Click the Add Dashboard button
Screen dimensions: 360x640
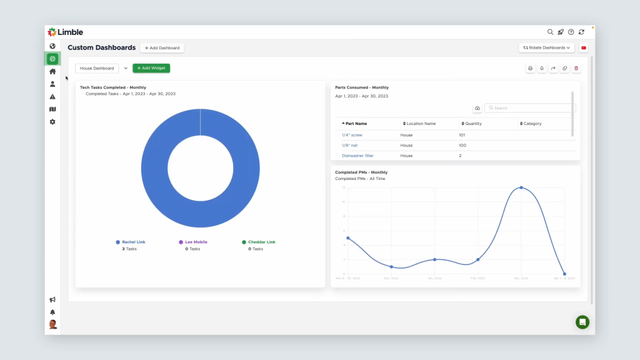click(162, 48)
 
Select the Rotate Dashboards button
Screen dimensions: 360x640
click(547, 47)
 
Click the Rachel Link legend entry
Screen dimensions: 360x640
click(132, 242)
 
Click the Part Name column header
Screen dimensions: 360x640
click(356, 124)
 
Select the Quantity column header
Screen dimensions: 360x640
click(472, 124)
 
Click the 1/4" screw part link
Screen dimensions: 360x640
click(352, 135)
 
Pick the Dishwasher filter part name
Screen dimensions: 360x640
click(357, 156)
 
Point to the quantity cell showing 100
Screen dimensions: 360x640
click(462, 145)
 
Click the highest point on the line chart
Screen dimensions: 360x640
click(521, 187)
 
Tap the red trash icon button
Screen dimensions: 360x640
click(576, 68)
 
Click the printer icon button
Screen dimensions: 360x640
click(530, 68)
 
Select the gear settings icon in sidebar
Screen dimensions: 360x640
click(52, 122)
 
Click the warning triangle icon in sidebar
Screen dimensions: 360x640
click(52, 97)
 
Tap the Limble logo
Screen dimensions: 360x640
click(65, 32)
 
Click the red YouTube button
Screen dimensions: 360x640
click(584, 47)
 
